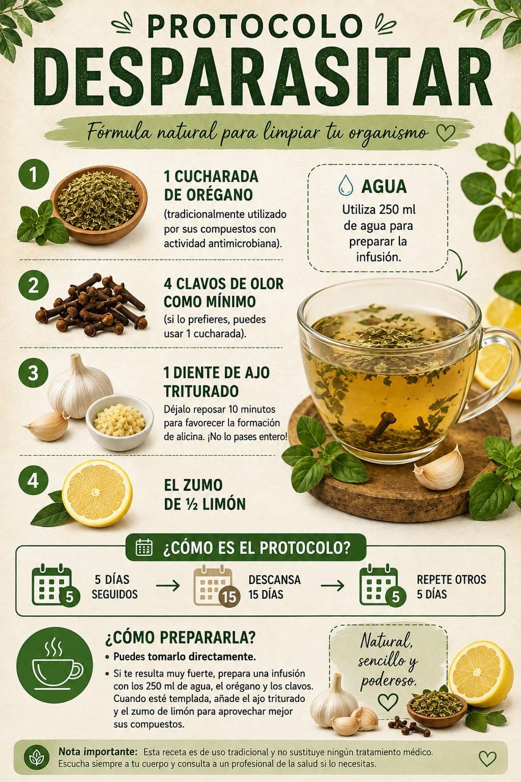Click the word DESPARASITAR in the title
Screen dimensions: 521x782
263,77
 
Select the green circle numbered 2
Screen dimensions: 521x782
33,285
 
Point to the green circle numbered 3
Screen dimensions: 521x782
33,373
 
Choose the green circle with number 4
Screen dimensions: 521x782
33,480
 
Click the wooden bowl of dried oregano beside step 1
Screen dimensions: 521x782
99,204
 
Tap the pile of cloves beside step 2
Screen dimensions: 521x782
91,304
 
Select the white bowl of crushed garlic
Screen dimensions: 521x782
119,422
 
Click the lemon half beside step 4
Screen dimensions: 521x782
97,493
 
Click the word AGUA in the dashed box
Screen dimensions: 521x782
384,186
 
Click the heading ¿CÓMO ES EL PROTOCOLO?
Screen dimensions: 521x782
256,549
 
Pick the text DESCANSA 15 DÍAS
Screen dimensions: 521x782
275,587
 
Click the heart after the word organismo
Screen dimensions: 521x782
446,133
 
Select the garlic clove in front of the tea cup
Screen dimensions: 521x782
439,469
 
